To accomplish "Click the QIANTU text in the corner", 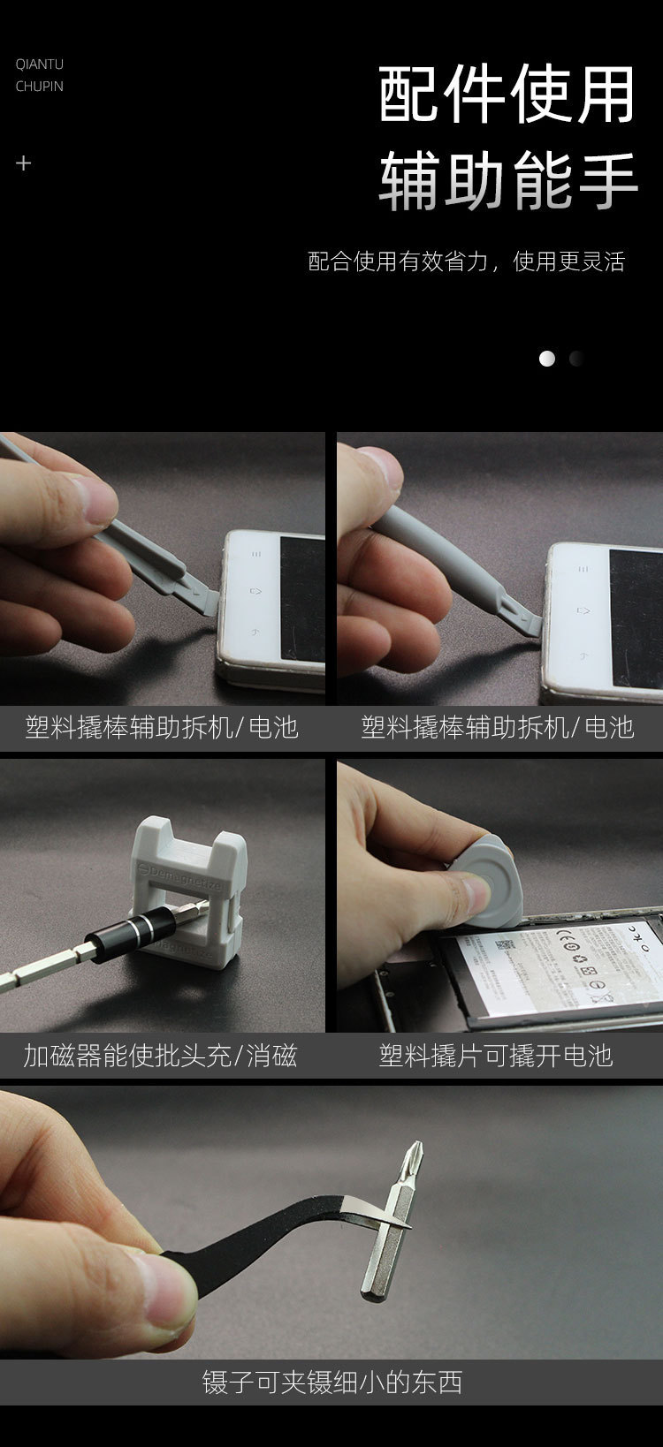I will pos(39,64).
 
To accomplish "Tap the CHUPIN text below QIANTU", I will pos(39,87).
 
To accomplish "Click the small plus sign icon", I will pos(24,163).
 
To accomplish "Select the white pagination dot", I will pos(547,359).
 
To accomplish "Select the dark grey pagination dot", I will pos(576,359).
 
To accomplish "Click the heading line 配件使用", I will pos(507,95).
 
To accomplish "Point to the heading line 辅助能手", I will pos(507,181).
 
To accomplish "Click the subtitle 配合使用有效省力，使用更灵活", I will pos(466,261).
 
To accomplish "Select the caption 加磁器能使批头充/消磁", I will pos(160,1056).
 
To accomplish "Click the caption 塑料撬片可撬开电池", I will pos(495,1056).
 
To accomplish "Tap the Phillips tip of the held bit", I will pos(412,1157).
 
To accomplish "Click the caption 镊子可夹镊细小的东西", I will pos(331,1383).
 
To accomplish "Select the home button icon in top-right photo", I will pos(583,610).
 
